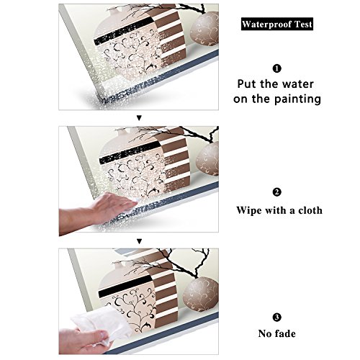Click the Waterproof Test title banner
pyautogui.click(x=277, y=24)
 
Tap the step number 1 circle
pyautogui.click(x=276, y=68)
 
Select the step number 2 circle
pyautogui.click(x=276, y=192)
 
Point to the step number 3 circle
pyautogui.click(x=276, y=318)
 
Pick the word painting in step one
pyautogui.click(x=297, y=99)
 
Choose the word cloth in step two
pyautogui.click(x=310, y=210)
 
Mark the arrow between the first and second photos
pyautogui.click(x=139, y=118)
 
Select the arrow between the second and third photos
pyautogui.click(x=139, y=241)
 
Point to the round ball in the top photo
pyautogui.click(x=204, y=29)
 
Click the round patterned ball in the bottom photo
pyautogui.click(x=201, y=294)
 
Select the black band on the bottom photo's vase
pyautogui.click(x=125, y=287)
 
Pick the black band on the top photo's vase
pyautogui.click(x=124, y=31)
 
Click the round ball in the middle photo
pyautogui.click(x=207, y=158)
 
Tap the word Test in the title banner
pyautogui.click(x=303, y=24)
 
